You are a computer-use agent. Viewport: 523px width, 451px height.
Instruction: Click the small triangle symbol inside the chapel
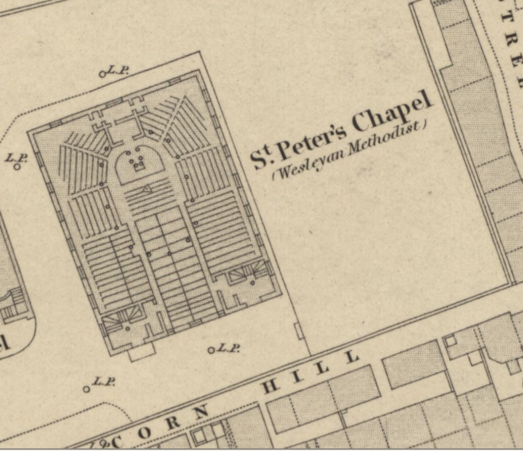[148, 189]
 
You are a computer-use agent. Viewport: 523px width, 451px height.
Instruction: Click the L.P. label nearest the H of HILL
[229, 348]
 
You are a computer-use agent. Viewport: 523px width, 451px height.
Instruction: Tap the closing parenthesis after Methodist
[425, 124]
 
